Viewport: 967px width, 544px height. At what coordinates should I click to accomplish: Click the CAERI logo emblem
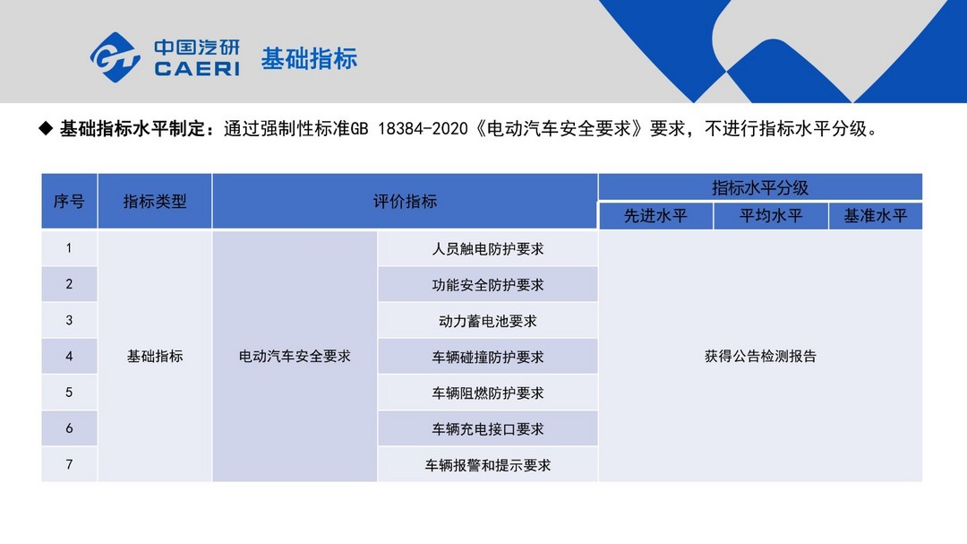(116, 57)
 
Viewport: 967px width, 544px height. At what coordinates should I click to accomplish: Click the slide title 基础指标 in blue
(309, 58)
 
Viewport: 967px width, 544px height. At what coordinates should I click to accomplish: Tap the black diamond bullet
(46, 128)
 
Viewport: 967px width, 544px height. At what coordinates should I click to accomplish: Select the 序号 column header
(69, 202)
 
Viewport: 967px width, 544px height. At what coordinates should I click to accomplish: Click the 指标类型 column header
(155, 202)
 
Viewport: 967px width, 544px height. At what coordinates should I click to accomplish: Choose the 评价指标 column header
(406, 202)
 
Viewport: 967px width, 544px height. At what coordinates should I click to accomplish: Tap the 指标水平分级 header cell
(760, 187)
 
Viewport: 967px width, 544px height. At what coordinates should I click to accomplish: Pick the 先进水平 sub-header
(655, 215)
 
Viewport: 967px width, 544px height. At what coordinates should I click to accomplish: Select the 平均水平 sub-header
(771, 215)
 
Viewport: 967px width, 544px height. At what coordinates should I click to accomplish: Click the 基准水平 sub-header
(876, 215)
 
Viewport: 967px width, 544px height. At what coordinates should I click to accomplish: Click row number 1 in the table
(69, 248)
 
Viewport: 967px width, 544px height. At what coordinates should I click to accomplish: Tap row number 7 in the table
(69, 464)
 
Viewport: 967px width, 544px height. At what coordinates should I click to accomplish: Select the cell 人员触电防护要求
(488, 249)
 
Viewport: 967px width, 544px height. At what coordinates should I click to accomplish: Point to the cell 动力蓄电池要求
(488, 321)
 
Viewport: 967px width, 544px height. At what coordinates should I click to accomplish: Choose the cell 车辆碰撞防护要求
(488, 357)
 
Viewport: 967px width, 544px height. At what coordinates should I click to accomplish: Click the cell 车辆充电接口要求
(488, 429)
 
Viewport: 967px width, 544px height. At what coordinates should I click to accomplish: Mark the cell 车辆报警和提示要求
(488, 465)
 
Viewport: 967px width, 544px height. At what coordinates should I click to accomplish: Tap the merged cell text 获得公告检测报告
(760, 357)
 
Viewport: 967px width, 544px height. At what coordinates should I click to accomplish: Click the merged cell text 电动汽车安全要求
(295, 357)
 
